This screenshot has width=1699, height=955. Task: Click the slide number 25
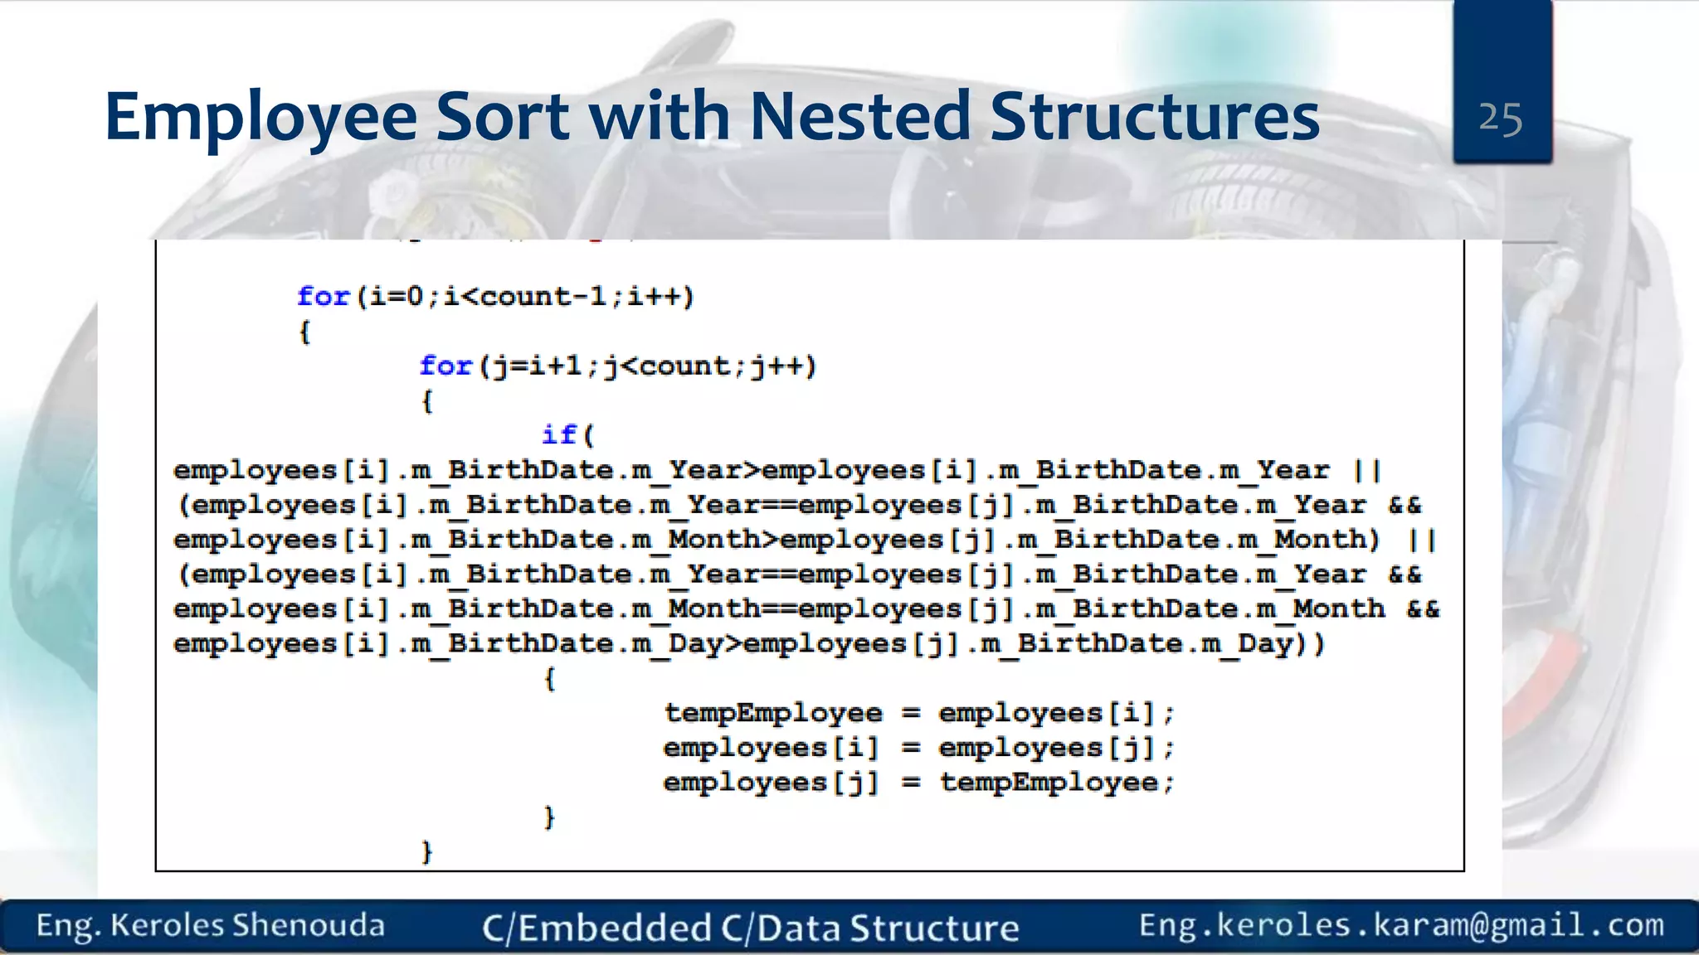[1500, 119]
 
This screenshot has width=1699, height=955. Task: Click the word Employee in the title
[260, 117]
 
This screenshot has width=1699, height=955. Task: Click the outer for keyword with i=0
[324, 296]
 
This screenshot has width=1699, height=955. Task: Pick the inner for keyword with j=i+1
[445, 366]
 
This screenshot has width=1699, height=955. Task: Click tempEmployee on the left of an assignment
[773, 713]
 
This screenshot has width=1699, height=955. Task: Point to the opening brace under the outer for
[304, 332]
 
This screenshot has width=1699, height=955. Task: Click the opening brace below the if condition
[549, 679]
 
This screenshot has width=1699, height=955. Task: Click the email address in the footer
[1401, 925]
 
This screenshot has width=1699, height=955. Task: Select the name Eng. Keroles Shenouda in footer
[211, 925]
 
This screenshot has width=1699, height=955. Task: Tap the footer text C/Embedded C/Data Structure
[751, 928]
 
